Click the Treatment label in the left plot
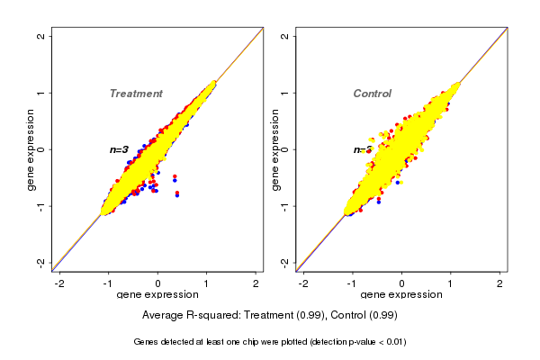[x=136, y=94]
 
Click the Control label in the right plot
[x=372, y=94]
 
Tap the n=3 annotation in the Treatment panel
[x=119, y=149]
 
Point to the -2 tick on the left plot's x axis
[x=59, y=283]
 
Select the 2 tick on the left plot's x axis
[x=256, y=283]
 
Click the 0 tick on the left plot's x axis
[x=158, y=283]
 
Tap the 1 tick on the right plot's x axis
[x=451, y=283]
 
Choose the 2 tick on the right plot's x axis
[x=500, y=283]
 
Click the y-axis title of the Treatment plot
[x=31, y=149]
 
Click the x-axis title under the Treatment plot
[x=158, y=295]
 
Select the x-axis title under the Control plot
[x=401, y=295]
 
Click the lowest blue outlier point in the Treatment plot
[x=177, y=195]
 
